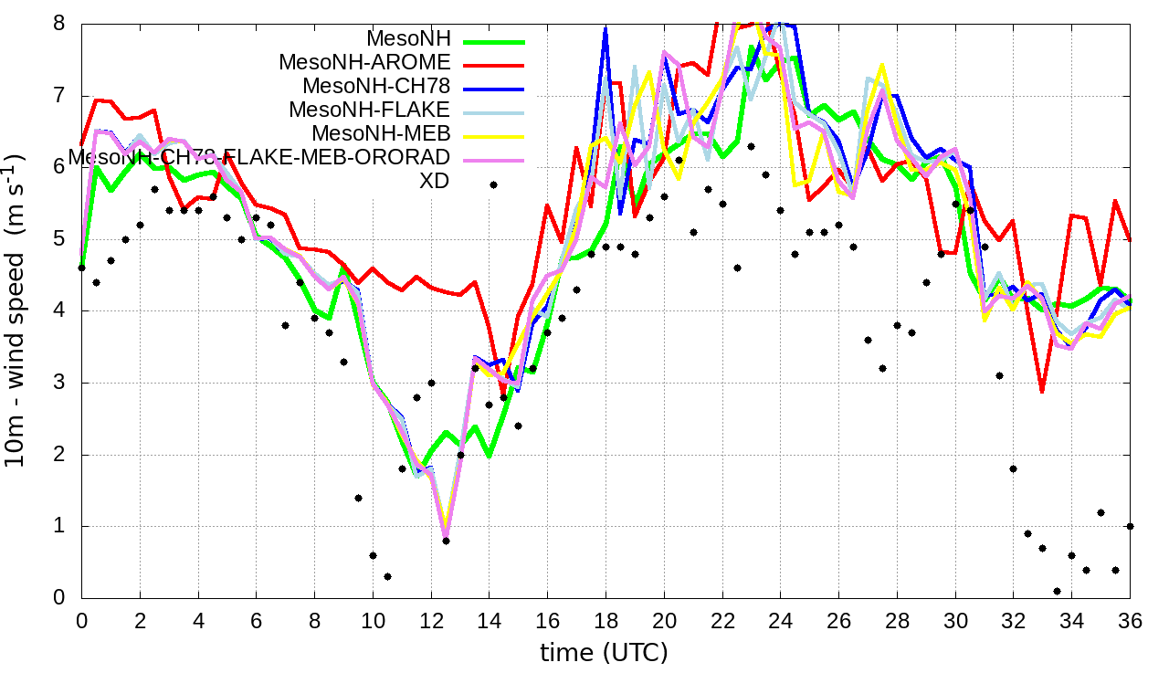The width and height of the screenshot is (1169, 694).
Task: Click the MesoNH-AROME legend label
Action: [365, 63]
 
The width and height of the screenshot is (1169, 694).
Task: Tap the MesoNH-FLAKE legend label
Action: [370, 110]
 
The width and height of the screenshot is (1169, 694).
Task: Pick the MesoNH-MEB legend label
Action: [382, 134]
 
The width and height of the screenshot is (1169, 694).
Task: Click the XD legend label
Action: [434, 181]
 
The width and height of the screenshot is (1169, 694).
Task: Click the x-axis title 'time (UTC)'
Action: [605, 653]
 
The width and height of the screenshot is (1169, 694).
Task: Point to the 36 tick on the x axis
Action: [1130, 620]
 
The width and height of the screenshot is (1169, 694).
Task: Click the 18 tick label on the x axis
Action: [606, 620]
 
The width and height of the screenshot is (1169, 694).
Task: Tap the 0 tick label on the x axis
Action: [81, 620]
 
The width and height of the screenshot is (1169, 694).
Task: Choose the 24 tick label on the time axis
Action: [780, 620]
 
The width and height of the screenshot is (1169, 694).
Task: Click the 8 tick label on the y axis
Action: [59, 23]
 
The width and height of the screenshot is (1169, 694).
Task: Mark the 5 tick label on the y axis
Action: [59, 238]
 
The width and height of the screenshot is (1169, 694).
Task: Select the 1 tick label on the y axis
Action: [59, 526]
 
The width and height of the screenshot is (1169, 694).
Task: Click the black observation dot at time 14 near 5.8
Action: [493, 184]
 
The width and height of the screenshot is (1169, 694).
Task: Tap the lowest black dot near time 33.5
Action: [1057, 591]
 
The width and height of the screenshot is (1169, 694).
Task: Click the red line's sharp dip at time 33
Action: [1042, 392]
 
